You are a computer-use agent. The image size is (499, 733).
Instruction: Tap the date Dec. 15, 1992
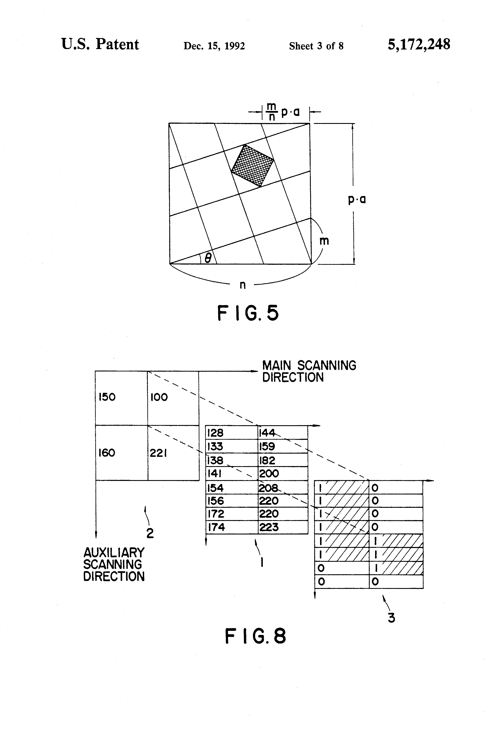point(214,46)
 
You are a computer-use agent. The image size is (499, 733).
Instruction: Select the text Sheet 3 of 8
point(316,46)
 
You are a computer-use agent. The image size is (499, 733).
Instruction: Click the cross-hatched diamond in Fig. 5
point(252,166)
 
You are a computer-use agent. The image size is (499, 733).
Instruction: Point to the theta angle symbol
point(208,258)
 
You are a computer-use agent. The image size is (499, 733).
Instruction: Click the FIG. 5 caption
point(248,313)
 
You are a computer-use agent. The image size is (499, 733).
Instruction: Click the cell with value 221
point(173,453)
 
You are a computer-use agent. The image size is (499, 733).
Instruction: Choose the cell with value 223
point(283,527)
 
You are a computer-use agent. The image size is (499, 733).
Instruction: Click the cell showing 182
point(283,460)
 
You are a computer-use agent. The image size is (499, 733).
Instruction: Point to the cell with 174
point(231,527)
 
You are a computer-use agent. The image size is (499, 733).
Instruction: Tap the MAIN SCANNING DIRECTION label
point(309,371)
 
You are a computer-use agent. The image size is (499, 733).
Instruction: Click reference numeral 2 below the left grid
point(150,533)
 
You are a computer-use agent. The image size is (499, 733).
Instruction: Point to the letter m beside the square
point(324,241)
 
